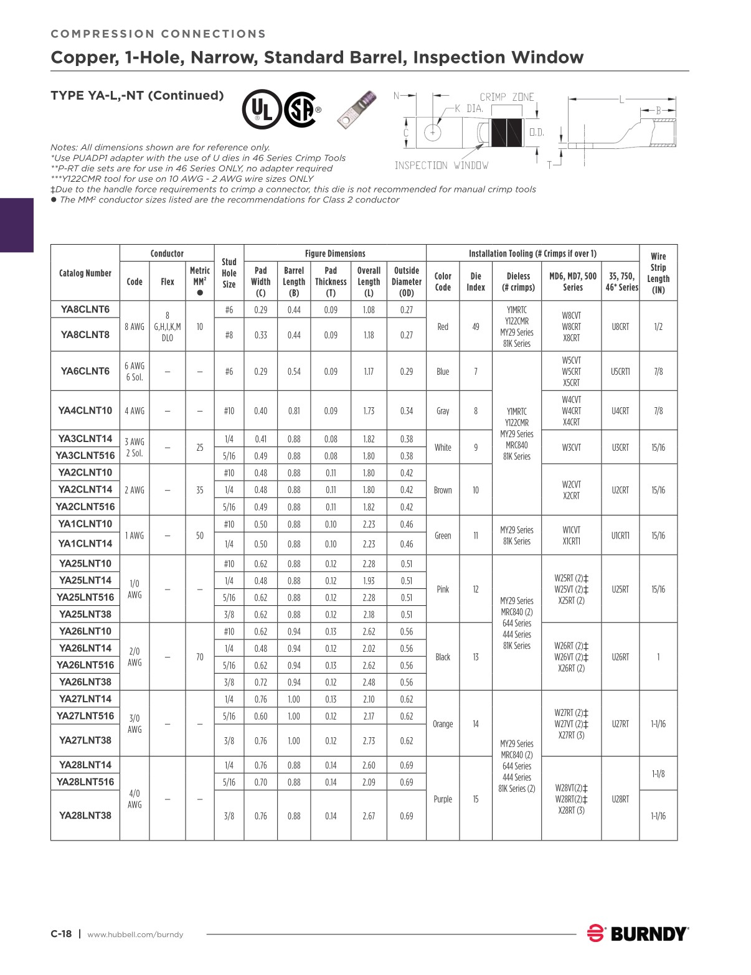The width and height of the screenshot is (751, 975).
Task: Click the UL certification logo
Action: coord(262,110)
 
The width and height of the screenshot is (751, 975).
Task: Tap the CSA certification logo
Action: coord(301,110)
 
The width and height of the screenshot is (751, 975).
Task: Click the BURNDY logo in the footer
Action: coord(638,934)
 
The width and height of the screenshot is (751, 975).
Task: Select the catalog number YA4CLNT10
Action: coord(85,411)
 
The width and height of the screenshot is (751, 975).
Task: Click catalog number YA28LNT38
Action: coord(85,816)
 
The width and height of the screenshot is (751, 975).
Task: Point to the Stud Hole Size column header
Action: coord(229,273)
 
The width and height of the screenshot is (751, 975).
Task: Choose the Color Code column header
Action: coord(443,281)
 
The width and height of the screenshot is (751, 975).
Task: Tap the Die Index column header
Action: coord(476,281)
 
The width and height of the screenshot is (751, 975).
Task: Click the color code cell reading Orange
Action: coord(443,724)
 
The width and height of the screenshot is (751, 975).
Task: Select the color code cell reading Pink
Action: coord(443,590)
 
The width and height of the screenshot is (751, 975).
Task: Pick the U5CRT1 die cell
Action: coord(620,372)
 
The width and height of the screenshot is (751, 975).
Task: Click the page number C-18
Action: coord(61,934)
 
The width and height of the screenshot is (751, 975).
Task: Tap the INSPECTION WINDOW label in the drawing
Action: coord(442,166)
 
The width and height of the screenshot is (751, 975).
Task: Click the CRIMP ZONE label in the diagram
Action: coord(507,97)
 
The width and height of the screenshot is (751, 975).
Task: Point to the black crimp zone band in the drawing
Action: coord(508,132)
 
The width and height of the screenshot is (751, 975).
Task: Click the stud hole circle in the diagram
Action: coord(432,132)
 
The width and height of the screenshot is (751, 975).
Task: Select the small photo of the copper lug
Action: coord(357,109)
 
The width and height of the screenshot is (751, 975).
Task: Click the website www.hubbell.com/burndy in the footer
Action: coord(135,935)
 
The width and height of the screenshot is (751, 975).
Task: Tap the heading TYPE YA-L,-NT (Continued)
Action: coord(137,95)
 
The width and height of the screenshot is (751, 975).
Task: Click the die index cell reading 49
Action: coord(476,327)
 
